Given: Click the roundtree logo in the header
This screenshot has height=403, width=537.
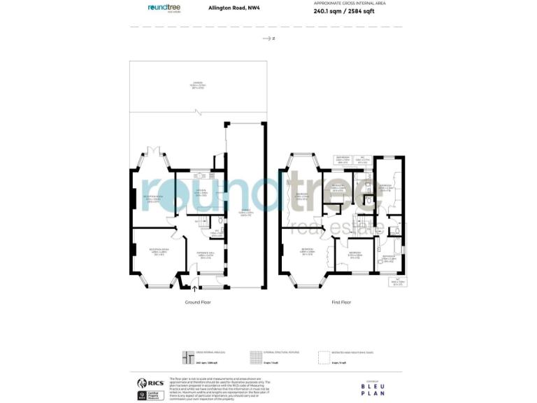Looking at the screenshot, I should point(164,8).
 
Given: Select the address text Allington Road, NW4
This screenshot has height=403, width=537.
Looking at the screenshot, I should point(229,8).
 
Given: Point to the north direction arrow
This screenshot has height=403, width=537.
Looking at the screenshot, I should point(268,38).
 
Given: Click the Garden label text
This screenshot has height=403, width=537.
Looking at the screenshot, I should point(198,86).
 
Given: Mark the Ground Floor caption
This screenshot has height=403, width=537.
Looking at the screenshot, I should point(197,302).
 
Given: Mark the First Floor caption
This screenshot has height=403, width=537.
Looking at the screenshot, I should point(341,302).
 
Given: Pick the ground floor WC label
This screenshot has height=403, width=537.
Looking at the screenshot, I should point(217,232).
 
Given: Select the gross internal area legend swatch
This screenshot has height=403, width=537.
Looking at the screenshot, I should point(187,357).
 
